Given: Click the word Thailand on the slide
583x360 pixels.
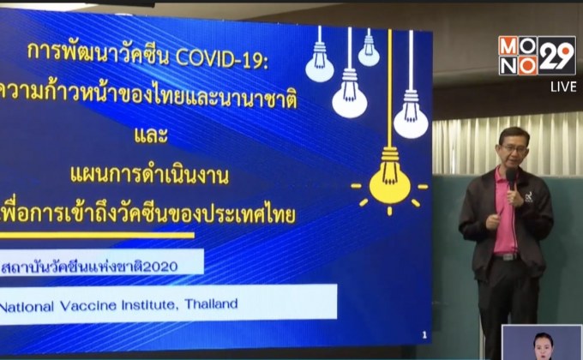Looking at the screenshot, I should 208,303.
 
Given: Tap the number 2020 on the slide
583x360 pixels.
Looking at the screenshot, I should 160,266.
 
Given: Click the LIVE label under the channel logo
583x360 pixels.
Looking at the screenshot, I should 563,86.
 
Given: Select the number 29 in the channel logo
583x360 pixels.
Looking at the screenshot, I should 557,56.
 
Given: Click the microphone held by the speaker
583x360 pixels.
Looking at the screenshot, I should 511,178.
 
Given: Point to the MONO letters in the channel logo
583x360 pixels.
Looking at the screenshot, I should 519,56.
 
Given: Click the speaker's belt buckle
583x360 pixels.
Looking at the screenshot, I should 504,255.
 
